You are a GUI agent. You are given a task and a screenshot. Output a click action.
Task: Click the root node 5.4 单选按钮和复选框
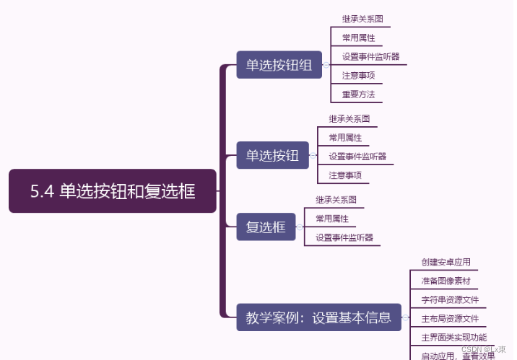(x=113, y=191)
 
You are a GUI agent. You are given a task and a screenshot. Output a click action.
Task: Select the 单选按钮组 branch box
(x=279, y=65)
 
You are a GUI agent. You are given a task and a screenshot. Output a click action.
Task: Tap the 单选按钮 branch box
(x=272, y=155)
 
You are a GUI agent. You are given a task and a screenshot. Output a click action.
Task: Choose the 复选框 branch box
(x=266, y=227)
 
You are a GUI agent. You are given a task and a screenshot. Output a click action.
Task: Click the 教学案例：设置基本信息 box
(x=318, y=317)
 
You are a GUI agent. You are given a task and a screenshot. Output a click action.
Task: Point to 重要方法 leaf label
(x=358, y=94)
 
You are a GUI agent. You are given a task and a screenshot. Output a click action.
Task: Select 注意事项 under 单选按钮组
(x=358, y=75)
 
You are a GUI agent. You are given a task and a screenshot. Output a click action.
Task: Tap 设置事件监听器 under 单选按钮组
(x=371, y=56)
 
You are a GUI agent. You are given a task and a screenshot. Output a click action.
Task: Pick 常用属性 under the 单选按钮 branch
(x=345, y=137)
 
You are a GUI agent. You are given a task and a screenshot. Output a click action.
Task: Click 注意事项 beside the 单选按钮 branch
(x=345, y=175)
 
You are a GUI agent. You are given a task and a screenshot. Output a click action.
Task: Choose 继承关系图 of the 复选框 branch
(x=336, y=199)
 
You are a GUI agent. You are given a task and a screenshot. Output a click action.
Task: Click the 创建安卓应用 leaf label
(x=446, y=262)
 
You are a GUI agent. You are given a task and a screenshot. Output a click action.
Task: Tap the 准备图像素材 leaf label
(x=446, y=281)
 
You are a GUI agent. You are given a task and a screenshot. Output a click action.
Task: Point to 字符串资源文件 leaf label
(x=450, y=299)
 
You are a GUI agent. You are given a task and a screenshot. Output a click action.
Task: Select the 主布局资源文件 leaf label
(x=450, y=318)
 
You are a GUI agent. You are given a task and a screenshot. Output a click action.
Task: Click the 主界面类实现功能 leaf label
(x=454, y=337)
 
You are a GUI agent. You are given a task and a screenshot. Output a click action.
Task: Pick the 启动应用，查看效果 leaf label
(x=458, y=355)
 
